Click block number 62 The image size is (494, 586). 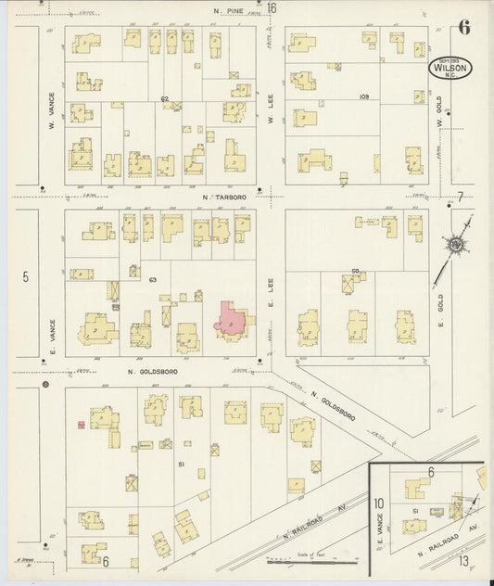164,98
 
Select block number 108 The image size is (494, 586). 363,96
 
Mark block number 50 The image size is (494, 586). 354,271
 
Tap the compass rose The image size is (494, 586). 456,244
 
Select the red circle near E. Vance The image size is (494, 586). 44,383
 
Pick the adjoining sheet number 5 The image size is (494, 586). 26,276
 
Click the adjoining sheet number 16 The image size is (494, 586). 272,8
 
